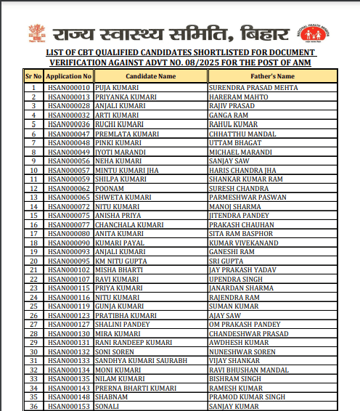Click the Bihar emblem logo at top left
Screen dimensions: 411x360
[x=36, y=32]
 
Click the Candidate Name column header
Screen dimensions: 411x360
[x=150, y=76]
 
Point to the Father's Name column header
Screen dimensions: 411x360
[x=271, y=76]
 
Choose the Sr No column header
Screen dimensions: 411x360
[x=33, y=76]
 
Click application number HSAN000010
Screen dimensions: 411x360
[x=68, y=87]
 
